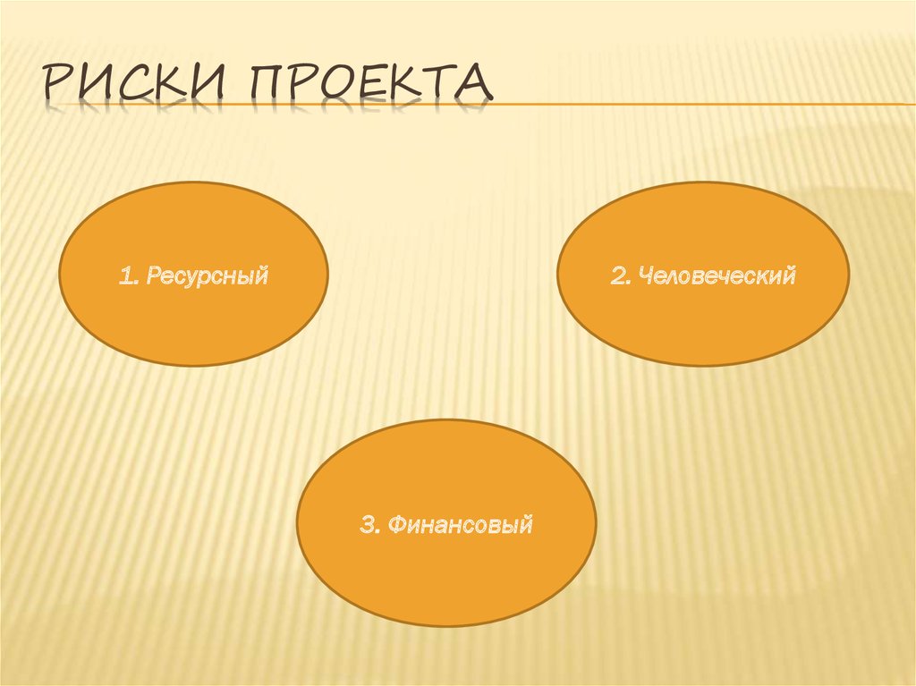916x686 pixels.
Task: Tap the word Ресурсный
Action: (206, 275)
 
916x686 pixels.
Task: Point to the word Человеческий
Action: (717, 275)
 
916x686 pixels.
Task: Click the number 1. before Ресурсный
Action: (126, 275)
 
